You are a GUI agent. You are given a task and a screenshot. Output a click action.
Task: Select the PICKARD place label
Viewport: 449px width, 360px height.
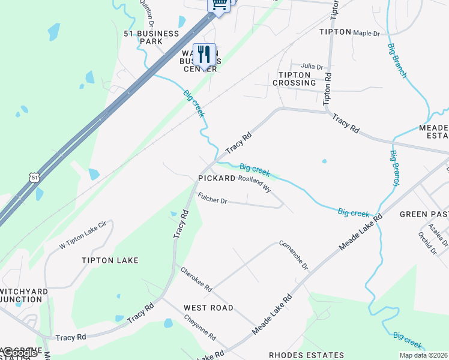[x=217, y=179]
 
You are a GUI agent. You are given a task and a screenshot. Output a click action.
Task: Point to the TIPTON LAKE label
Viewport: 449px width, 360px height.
[x=110, y=260]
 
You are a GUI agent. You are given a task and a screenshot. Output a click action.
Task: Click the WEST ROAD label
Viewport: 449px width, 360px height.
[x=208, y=308]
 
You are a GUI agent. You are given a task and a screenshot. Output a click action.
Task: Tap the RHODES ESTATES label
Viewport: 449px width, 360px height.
[x=307, y=355]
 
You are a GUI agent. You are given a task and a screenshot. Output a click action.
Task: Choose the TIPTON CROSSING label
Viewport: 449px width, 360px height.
[x=294, y=79]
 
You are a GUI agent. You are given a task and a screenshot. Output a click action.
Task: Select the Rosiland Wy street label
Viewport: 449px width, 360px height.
[x=254, y=182]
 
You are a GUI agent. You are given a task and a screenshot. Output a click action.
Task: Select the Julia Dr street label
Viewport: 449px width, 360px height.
[x=312, y=67]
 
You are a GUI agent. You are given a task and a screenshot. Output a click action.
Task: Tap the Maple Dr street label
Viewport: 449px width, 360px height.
[x=366, y=33]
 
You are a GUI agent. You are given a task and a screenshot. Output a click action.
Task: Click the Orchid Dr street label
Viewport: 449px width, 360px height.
[x=427, y=243]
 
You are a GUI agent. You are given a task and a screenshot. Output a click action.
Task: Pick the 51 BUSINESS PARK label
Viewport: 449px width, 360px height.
[x=151, y=38]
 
